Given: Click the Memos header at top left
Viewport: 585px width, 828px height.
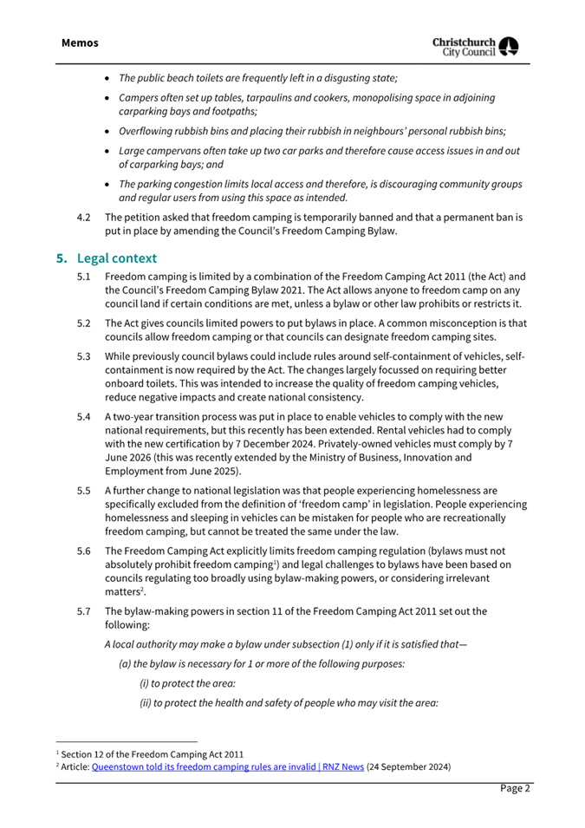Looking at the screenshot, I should (x=81, y=42).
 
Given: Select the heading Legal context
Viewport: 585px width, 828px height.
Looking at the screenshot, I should (x=115, y=258).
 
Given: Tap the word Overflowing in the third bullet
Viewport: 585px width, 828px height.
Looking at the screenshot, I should (x=147, y=131).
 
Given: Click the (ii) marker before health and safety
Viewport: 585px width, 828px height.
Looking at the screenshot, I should (x=146, y=703).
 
